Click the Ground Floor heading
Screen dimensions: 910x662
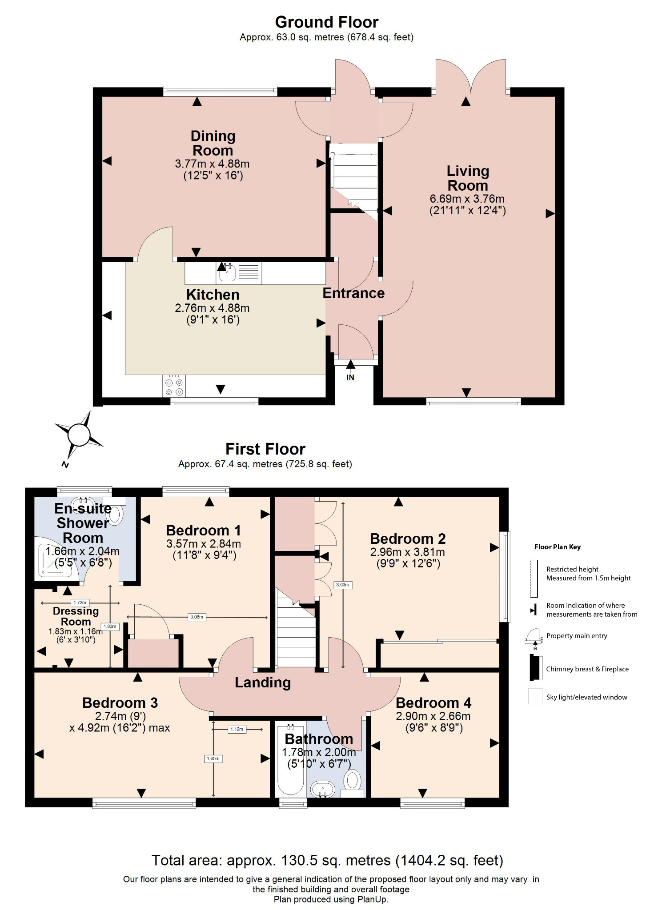pyautogui.click(x=326, y=22)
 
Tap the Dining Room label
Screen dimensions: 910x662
pyautogui.click(x=213, y=143)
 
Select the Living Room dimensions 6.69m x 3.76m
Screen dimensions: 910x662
pyautogui.click(x=467, y=199)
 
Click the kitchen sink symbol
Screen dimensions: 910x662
pyautogui.click(x=228, y=272)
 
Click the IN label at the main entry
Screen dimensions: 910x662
pyautogui.click(x=350, y=377)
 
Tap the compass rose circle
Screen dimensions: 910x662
pyautogui.click(x=79, y=435)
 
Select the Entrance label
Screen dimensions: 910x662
pyautogui.click(x=353, y=293)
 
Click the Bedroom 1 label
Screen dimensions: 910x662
pyautogui.click(x=203, y=530)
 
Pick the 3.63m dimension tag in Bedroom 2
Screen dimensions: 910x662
pyautogui.click(x=342, y=585)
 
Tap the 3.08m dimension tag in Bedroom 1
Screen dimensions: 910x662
pyautogui.click(x=197, y=617)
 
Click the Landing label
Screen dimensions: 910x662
pyautogui.click(x=263, y=682)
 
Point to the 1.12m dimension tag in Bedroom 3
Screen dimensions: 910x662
pyautogui.click(x=237, y=729)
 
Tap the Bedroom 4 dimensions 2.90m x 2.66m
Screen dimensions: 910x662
pyautogui.click(x=433, y=716)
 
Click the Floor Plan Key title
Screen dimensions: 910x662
pyautogui.click(x=557, y=547)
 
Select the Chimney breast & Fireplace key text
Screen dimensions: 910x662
pyautogui.click(x=587, y=669)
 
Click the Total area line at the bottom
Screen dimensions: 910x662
pyautogui.click(x=327, y=861)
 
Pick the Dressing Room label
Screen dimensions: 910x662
pyautogui.click(x=76, y=616)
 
